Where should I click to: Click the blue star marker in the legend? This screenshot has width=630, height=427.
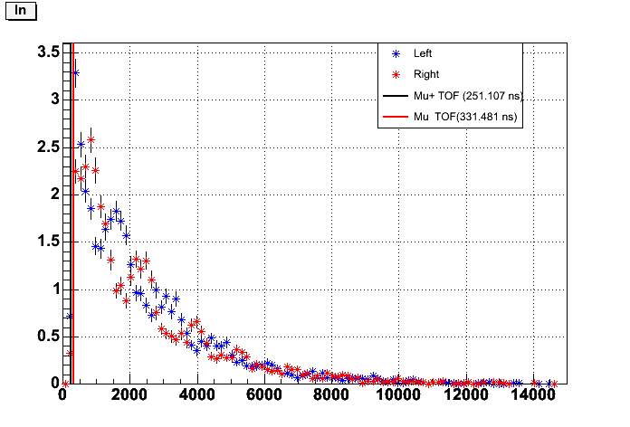pyautogui.click(x=395, y=52)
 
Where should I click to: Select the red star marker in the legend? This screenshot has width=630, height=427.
pyautogui.click(x=395, y=74)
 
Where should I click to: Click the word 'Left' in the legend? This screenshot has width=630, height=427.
pyautogui.click(x=423, y=52)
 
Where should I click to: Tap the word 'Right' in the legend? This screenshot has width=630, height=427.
pyautogui.click(x=425, y=74)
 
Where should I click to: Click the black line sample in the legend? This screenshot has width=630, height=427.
pyautogui.click(x=395, y=95)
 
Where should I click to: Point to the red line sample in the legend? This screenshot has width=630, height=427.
pyautogui.click(x=395, y=116)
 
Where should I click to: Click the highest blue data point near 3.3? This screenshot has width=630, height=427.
pyautogui.click(x=75, y=73)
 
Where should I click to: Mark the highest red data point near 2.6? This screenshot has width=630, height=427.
pyautogui.click(x=91, y=139)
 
